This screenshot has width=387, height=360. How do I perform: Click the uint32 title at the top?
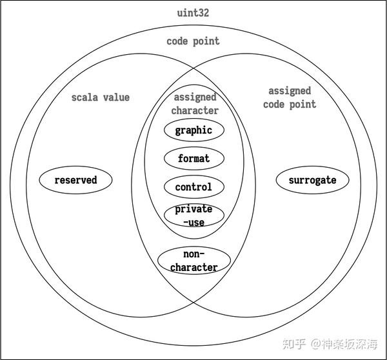pyautogui.click(x=192, y=13)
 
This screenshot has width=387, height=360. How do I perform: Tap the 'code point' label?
pyautogui.click(x=193, y=41)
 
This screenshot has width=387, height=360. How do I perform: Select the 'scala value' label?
pyautogui.click(x=100, y=97)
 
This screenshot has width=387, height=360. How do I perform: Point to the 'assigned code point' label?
pyautogui.click(x=290, y=97)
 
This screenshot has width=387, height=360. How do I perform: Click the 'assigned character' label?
pyautogui.click(x=195, y=104)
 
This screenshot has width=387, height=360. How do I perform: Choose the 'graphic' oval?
pyautogui.click(x=193, y=130)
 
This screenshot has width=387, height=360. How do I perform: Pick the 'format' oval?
pyautogui.click(x=193, y=158)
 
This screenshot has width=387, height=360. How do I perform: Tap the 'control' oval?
pyautogui.click(x=193, y=187)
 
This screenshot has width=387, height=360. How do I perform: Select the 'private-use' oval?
pyautogui.click(x=193, y=215)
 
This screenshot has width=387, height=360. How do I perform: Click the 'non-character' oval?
pyautogui.click(x=194, y=261)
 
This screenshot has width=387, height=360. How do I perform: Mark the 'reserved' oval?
pyautogui.click(x=75, y=180)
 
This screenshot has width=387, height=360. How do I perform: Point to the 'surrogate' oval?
pyautogui.click(x=312, y=180)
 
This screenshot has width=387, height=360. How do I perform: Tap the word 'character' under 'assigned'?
pyautogui.click(x=195, y=110)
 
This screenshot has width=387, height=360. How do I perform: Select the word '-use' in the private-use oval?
pyautogui.click(x=193, y=223)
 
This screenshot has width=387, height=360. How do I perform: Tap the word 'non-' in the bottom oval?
pyautogui.click(x=193, y=254)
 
